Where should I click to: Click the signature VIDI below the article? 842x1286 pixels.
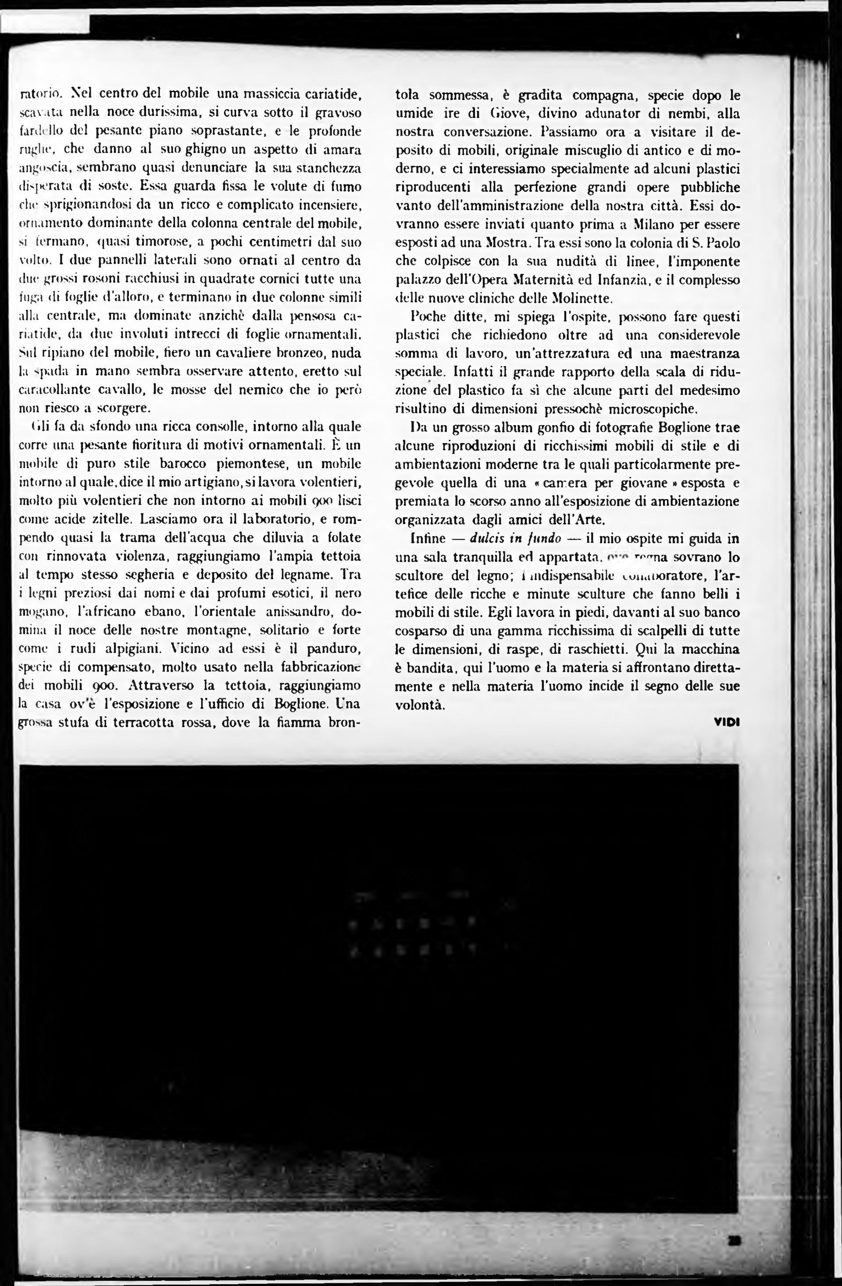pos(726,722)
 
